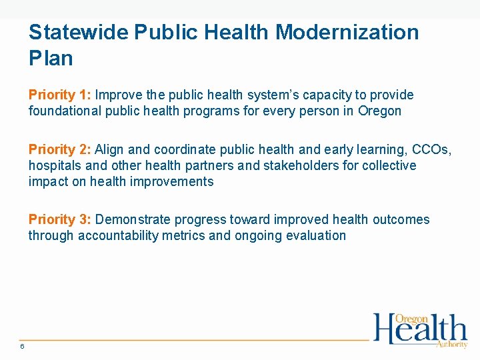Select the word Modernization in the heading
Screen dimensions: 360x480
347,32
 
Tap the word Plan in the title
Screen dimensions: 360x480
51,58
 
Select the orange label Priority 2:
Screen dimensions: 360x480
59,150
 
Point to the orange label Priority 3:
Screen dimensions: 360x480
59,219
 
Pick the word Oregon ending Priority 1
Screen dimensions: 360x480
380,111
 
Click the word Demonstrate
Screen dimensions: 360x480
133,219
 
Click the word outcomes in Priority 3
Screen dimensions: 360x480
401,219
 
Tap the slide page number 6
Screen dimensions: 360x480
22,346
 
